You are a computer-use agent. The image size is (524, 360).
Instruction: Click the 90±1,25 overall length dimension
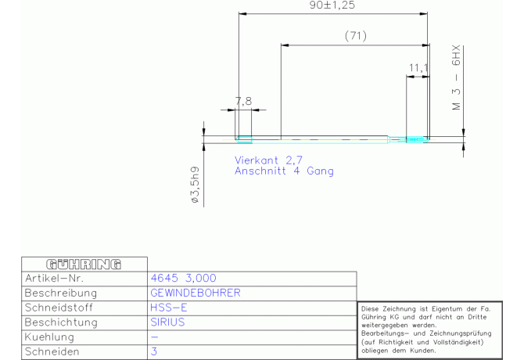(332, 5)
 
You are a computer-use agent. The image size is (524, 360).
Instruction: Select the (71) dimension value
(356, 35)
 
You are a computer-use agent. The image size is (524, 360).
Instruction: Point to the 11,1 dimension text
(418, 68)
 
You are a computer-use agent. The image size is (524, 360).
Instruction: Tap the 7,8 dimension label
(243, 101)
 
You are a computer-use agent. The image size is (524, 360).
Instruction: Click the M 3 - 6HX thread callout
(456, 77)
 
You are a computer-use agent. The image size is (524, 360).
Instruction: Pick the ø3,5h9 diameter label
(196, 185)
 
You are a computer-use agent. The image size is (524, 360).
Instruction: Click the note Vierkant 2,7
(268, 160)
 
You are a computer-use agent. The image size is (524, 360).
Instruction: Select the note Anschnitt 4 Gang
(284, 171)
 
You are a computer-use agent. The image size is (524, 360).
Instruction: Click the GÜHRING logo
(84, 265)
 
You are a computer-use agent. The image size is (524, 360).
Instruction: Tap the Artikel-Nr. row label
(54, 278)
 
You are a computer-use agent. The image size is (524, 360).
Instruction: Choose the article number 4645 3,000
(184, 278)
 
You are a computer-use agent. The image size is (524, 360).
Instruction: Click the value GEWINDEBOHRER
(196, 293)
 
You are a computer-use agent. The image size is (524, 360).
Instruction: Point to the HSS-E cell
(169, 308)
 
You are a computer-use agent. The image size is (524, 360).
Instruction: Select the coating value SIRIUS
(168, 322)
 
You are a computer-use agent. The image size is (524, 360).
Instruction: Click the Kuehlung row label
(49, 337)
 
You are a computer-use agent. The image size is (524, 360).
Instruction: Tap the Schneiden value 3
(154, 351)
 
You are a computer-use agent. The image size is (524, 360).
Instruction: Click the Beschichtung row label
(61, 322)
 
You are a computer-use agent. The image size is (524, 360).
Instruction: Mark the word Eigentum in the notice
(445, 310)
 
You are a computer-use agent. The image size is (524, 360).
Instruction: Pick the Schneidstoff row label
(59, 308)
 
